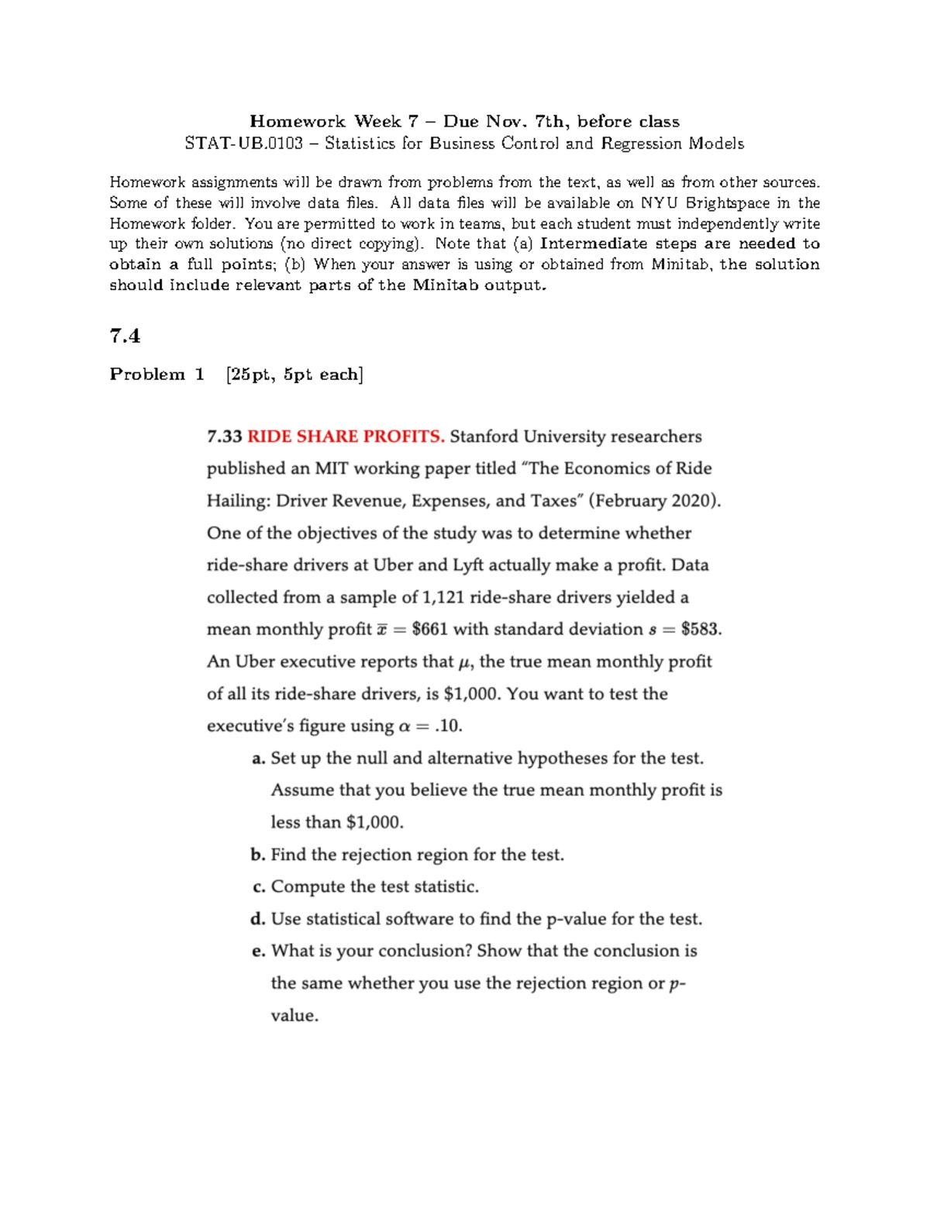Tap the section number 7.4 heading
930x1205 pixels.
pyautogui.click(x=125, y=336)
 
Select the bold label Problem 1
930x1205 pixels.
pyautogui.click(x=157, y=375)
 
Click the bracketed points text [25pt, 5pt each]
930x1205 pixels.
pyautogui.click(x=294, y=375)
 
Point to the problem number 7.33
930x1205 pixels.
pyautogui.click(x=224, y=437)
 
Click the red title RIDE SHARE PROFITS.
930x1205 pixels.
pyautogui.click(x=346, y=437)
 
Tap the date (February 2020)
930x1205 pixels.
pyautogui.click(x=655, y=501)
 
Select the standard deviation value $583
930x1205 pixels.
pyautogui.click(x=701, y=630)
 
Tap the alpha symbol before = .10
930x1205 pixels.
pyautogui.click(x=404, y=727)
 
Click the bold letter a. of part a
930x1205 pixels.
pyautogui.click(x=259, y=759)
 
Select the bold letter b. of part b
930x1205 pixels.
pyautogui.click(x=258, y=855)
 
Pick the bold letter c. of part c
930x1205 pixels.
pyautogui.click(x=259, y=887)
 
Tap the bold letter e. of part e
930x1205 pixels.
pyautogui.click(x=259, y=951)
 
